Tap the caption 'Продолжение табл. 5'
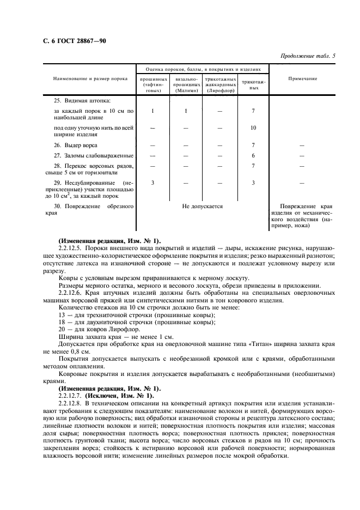coord(308,56)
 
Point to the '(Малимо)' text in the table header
coord(186,91)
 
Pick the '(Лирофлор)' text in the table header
coord(220,91)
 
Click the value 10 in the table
coord(253,127)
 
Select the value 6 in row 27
coord(253,156)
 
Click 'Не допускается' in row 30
coord(203,207)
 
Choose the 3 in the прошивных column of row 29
coord(152,183)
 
